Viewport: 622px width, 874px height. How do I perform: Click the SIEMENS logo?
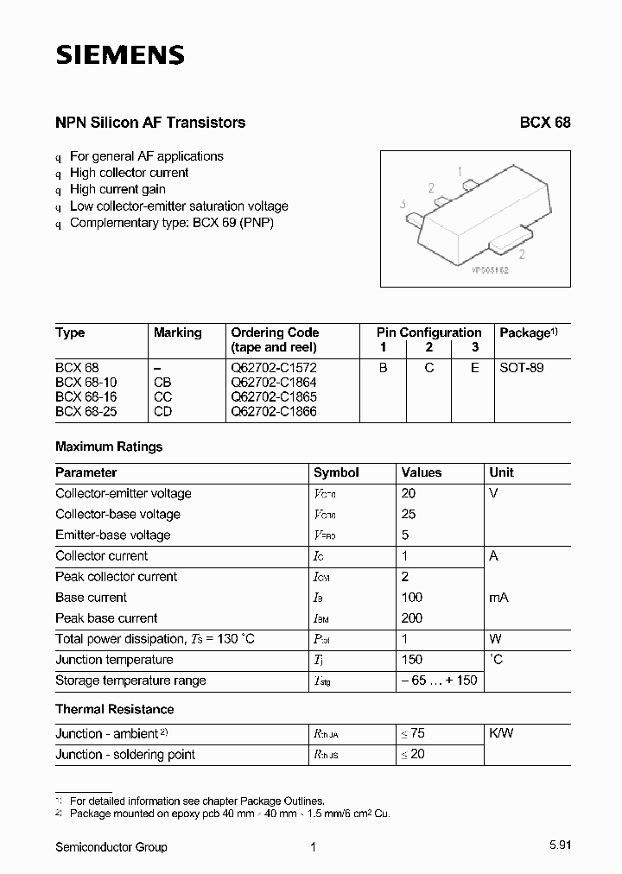[x=120, y=55]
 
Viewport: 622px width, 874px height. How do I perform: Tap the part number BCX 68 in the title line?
[x=544, y=123]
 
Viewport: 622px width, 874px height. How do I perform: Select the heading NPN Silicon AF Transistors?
[x=150, y=123]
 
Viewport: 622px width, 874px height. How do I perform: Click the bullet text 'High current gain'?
[x=117, y=189]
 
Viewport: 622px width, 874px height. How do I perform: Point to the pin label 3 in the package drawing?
[x=403, y=205]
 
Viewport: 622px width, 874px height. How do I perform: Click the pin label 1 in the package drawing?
[x=460, y=171]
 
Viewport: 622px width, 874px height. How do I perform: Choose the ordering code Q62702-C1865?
[x=274, y=396]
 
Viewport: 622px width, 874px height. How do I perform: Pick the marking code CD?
[x=162, y=411]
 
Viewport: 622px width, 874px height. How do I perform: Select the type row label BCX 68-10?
[x=86, y=382]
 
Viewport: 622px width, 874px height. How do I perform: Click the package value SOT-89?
[x=522, y=367]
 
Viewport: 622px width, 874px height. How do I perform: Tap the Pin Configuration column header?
[x=428, y=332]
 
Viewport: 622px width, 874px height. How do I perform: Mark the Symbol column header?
[x=336, y=472]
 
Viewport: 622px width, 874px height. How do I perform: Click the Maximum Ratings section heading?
[x=109, y=446]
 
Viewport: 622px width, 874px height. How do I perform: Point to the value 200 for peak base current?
[x=412, y=618]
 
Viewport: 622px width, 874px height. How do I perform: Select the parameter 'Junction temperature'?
[x=114, y=660]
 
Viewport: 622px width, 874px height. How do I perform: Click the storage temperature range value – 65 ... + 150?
[x=439, y=681]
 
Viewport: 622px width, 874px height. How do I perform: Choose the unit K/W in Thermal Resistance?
[x=501, y=733]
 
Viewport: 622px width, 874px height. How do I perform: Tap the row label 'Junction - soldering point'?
[x=125, y=754]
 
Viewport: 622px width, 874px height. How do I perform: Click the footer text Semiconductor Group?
[x=111, y=847]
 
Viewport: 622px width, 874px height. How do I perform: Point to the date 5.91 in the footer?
[x=558, y=847]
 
